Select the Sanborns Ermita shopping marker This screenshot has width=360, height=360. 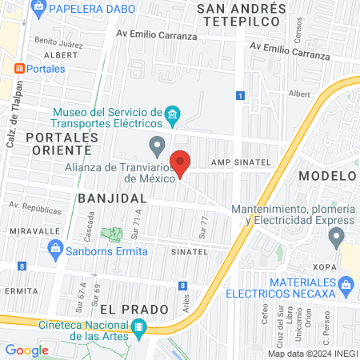(54, 250)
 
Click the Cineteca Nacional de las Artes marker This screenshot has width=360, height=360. (138, 327)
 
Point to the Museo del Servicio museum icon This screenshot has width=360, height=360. (173, 118)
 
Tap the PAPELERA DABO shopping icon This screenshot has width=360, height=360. (38, 8)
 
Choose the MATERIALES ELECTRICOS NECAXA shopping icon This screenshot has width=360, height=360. (346, 285)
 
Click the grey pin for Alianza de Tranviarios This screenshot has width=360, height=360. (157, 146)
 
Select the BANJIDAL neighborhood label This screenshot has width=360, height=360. (112, 198)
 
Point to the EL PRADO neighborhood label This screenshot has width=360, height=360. (134, 309)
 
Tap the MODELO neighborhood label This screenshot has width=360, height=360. (328, 175)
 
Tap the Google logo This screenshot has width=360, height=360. (26, 350)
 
